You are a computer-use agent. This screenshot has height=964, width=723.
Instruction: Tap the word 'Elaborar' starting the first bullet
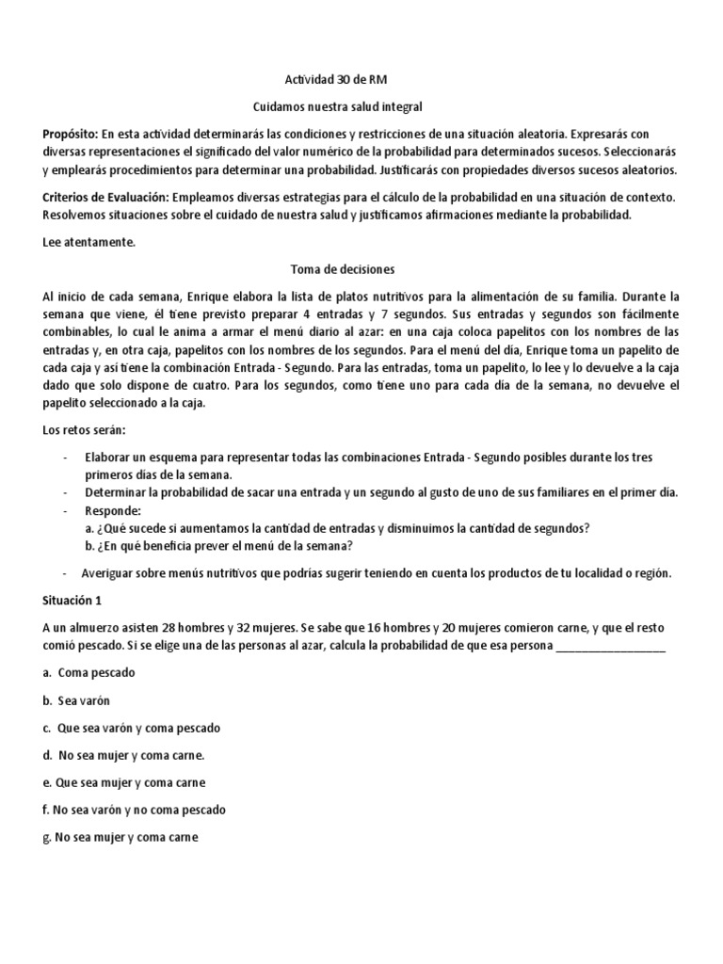[x=108, y=457]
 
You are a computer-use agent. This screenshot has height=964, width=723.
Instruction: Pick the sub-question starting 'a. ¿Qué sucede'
[x=343, y=527]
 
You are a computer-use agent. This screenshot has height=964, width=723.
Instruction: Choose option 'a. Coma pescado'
[x=89, y=673]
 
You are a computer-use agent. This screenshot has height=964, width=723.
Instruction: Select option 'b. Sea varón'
[x=77, y=700]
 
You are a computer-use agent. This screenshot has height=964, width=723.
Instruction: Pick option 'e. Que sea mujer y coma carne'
[x=124, y=782]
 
